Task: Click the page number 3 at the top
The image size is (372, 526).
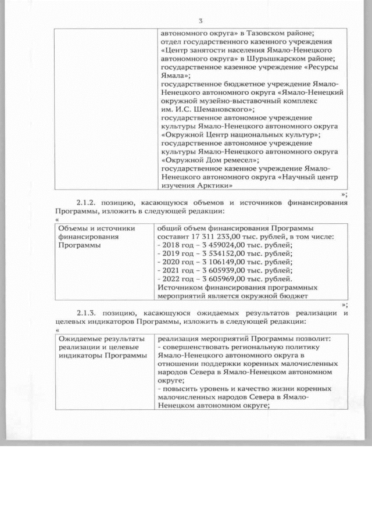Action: (x=200, y=22)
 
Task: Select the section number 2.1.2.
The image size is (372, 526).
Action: (x=88, y=202)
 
